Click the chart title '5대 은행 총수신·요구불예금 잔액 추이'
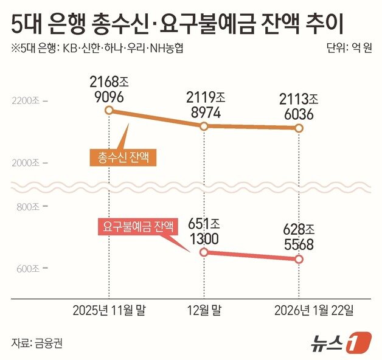point(177,25)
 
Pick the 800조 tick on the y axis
point(28,207)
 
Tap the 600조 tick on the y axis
point(28,269)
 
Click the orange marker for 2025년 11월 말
point(108,110)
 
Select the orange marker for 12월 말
point(204,126)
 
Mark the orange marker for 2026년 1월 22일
point(299,128)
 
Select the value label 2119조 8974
point(204,105)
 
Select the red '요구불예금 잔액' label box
point(137,227)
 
